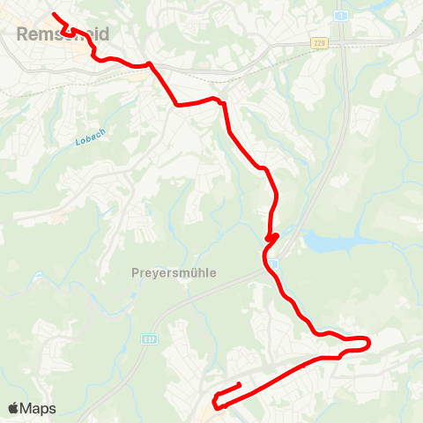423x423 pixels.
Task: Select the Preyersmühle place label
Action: pyautogui.click(x=174, y=273)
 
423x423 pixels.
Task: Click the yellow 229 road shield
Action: pyautogui.click(x=318, y=42)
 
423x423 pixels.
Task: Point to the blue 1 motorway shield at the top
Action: pyautogui.click(x=338, y=16)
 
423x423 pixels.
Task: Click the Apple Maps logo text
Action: pyautogui.click(x=32, y=408)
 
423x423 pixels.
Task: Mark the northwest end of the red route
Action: pyautogui.click(x=55, y=14)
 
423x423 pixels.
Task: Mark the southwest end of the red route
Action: pyautogui.click(x=240, y=384)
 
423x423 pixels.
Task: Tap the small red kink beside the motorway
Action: pyautogui.click(x=272, y=237)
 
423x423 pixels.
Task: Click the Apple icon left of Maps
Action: pyautogui.click(x=14, y=408)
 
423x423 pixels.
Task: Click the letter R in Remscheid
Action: pyautogui.click(x=21, y=34)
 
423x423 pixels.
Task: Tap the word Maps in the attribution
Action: pyautogui.click(x=38, y=408)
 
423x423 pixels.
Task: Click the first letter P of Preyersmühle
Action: pyautogui.click(x=134, y=273)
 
